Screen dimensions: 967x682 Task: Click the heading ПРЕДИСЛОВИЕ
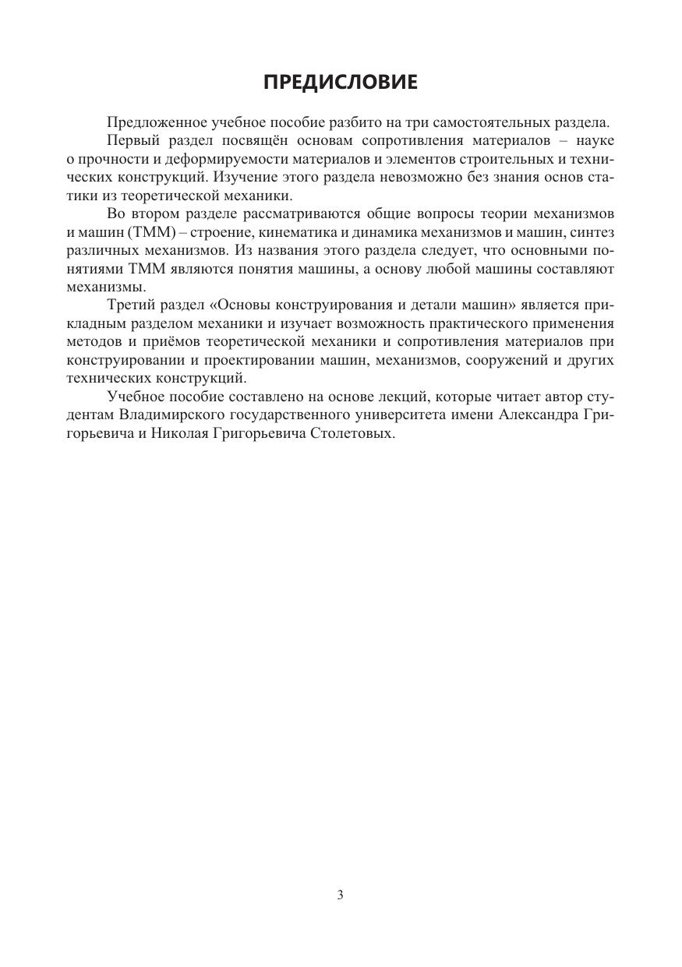pos(341,83)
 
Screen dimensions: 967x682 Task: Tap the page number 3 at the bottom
pos(341,895)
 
